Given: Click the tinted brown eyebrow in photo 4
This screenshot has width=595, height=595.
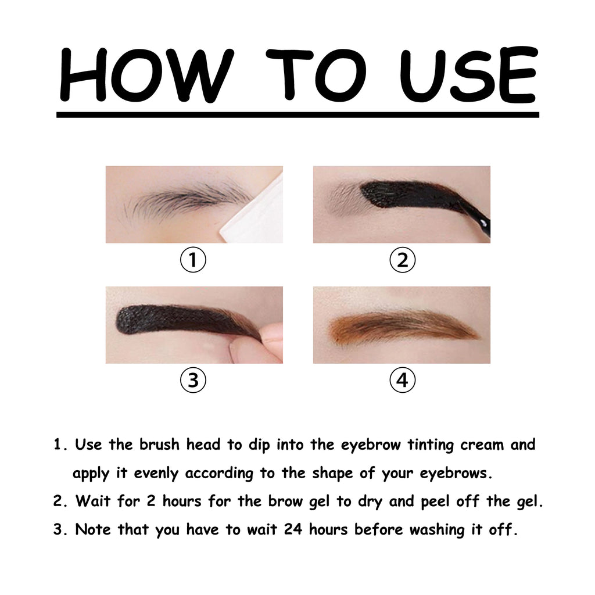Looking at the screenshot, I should pyautogui.click(x=401, y=327).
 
